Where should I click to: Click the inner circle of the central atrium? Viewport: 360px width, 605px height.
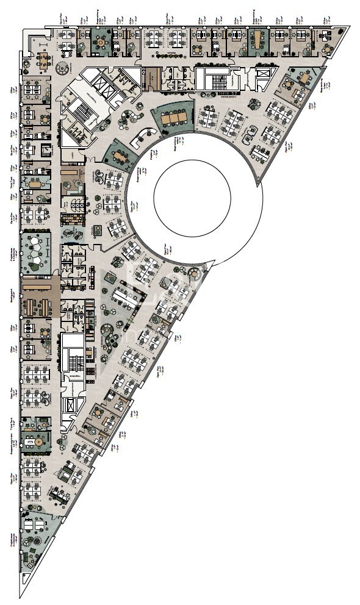[x=192, y=196]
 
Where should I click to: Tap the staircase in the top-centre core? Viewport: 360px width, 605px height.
[x=214, y=79]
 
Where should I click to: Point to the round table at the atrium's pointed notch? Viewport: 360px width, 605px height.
[x=195, y=271]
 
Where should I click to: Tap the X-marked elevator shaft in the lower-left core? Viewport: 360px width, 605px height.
[x=71, y=405]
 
